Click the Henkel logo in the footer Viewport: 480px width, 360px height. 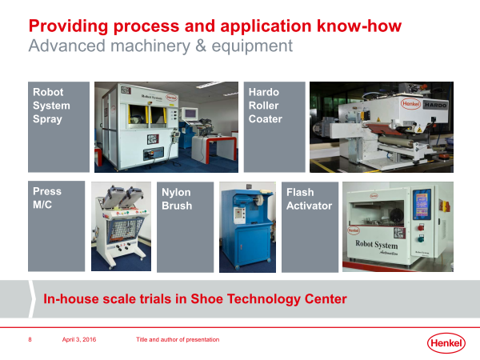point(446,343)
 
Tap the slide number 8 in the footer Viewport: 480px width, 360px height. point(30,339)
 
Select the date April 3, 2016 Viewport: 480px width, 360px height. point(79,339)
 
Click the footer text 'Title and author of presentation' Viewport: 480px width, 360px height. point(178,339)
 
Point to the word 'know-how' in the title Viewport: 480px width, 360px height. point(359,26)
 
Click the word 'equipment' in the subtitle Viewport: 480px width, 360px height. point(252,46)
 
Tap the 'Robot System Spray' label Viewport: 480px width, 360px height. point(51,106)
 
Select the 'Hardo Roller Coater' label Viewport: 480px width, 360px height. point(265,106)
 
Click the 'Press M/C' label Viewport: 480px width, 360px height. point(47,198)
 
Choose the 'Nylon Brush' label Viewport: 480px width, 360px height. point(177,199)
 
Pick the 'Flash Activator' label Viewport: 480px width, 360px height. point(309,199)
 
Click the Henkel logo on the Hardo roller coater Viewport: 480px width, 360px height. point(410,104)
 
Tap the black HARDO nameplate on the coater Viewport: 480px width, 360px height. point(435,105)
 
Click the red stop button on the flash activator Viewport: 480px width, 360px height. point(421,227)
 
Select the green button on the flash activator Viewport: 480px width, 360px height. point(421,238)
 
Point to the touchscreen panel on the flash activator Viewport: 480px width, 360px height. point(422,204)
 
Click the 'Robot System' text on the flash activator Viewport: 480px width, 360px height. point(377,245)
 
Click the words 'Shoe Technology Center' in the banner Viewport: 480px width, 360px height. point(269,299)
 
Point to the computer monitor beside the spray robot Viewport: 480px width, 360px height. point(190,114)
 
